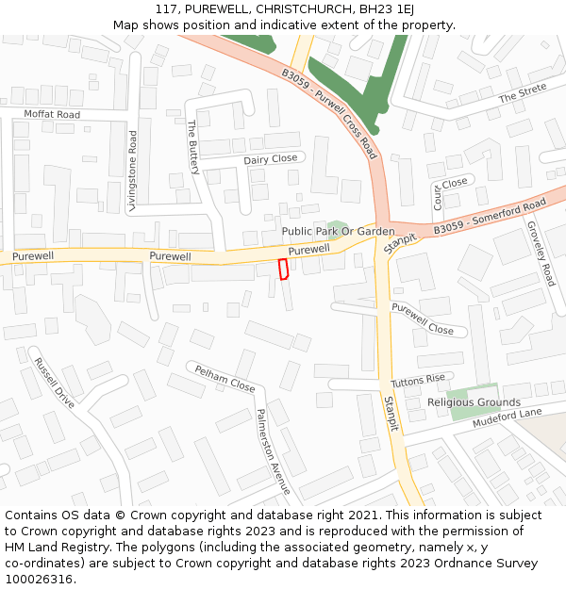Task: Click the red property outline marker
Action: pyautogui.click(x=282, y=269)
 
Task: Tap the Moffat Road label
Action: pyautogui.click(x=53, y=114)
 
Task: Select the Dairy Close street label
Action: pyautogui.click(x=271, y=159)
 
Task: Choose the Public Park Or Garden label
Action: pyautogui.click(x=338, y=231)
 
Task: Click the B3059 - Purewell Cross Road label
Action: pyautogui.click(x=329, y=112)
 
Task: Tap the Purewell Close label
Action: pyautogui.click(x=423, y=319)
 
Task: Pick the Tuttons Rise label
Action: pyautogui.click(x=417, y=381)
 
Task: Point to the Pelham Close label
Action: pyautogui.click(x=225, y=380)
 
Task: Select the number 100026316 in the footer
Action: pyautogui.click(x=39, y=579)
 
